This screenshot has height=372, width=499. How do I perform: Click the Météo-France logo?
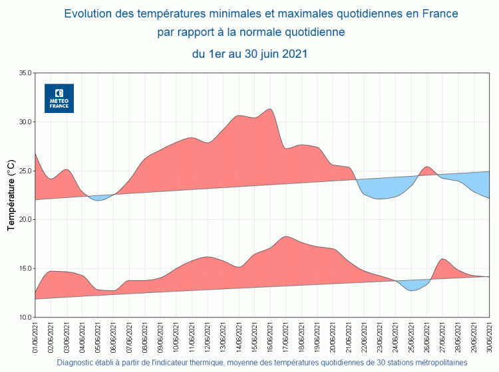click(x=59, y=98)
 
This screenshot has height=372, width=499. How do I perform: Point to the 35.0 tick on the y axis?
click(x=25, y=72)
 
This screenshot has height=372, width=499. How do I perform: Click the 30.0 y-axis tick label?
click(x=25, y=122)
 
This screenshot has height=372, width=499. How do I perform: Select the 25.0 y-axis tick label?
click(x=25, y=171)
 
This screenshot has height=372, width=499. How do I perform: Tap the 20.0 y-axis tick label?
click(x=25, y=219)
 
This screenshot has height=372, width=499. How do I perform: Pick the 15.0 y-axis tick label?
click(x=25, y=268)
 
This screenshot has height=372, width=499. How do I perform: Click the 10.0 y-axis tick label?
click(x=25, y=318)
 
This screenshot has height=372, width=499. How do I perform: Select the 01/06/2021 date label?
click(x=35, y=338)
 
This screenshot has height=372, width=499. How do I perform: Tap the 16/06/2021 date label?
click(x=270, y=338)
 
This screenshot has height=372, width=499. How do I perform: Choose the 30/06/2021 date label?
click(x=490, y=338)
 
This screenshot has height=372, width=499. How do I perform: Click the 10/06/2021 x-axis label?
click(x=176, y=338)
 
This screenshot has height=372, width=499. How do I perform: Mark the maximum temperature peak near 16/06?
click(x=269, y=110)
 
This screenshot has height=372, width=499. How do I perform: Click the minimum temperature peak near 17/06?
click(x=285, y=237)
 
